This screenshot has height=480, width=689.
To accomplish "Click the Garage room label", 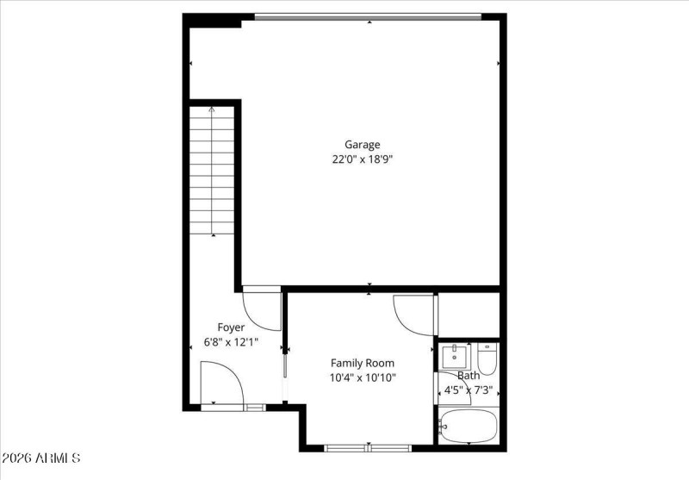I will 362,145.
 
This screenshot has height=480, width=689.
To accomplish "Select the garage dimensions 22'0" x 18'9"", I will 362,159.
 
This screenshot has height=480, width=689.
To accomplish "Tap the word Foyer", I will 230,327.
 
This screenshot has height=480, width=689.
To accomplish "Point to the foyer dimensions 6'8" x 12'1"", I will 230,342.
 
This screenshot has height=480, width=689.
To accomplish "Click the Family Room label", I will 363,363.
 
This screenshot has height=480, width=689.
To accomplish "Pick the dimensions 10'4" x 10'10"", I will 363,377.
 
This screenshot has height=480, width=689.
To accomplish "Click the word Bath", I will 469,376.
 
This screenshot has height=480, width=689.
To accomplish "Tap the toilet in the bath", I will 487,359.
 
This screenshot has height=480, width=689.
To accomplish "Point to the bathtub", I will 469,426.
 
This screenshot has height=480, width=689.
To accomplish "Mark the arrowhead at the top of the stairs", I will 212,109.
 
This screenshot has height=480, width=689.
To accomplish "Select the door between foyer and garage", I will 261,308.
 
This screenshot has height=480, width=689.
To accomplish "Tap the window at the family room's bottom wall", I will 368,447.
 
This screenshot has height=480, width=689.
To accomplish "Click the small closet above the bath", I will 469,315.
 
